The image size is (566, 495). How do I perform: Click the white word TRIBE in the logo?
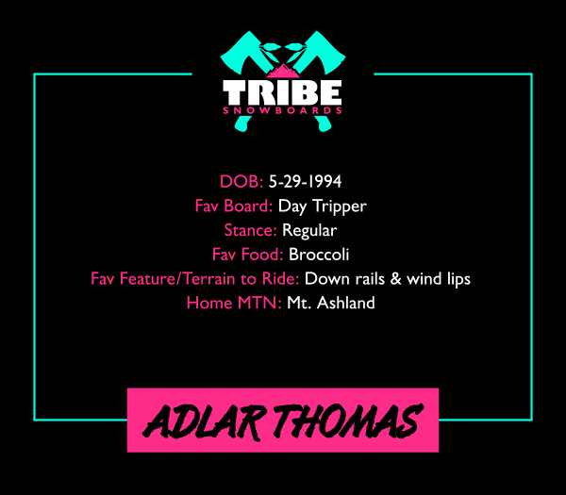tap(282, 92)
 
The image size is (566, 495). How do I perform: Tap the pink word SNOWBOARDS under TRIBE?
tap(282, 110)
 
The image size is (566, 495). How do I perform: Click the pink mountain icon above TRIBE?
tap(283, 71)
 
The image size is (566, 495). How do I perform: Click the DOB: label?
tap(241, 181)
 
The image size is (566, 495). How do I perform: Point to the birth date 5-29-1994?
tap(305, 181)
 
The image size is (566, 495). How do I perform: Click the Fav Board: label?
tap(234, 206)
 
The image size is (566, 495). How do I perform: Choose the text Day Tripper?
tap(323, 206)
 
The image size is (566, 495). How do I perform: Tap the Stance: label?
tap(250, 230)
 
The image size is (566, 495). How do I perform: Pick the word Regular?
tap(309, 231)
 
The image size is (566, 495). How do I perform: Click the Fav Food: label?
tap(247, 255)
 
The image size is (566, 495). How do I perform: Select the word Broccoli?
tap(319, 255)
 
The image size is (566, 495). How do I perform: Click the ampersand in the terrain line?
tap(395, 279)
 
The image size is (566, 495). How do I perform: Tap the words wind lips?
tap(439, 279)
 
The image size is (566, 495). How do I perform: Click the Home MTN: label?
tap(234, 303)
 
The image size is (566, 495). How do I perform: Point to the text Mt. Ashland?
tap(331, 303)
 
